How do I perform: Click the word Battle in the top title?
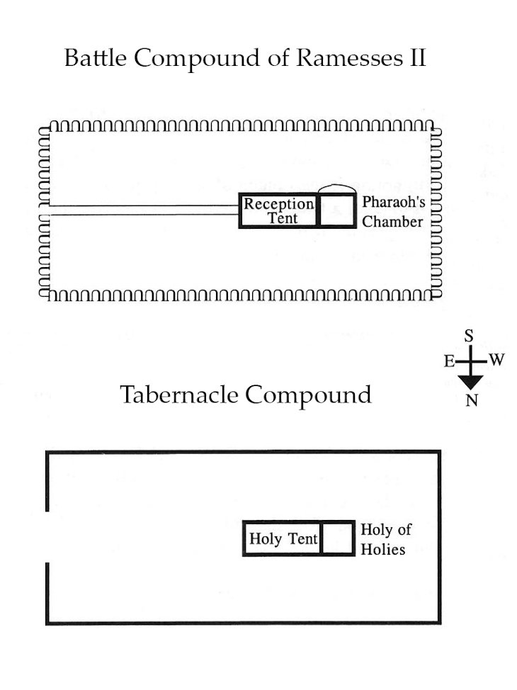(96, 58)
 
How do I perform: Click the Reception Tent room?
(279, 211)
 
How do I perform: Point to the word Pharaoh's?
(394, 203)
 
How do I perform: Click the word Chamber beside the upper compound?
(392, 222)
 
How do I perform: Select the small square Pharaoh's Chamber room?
(337, 211)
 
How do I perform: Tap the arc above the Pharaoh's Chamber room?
(336, 188)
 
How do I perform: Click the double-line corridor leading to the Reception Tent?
(142, 209)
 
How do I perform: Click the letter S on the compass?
(469, 337)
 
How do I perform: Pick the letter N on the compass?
(470, 401)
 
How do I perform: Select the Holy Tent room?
(282, 539)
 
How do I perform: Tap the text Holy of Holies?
(385, 539)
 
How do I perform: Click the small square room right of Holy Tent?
(337, 539)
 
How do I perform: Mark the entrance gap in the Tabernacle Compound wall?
(47, 536)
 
